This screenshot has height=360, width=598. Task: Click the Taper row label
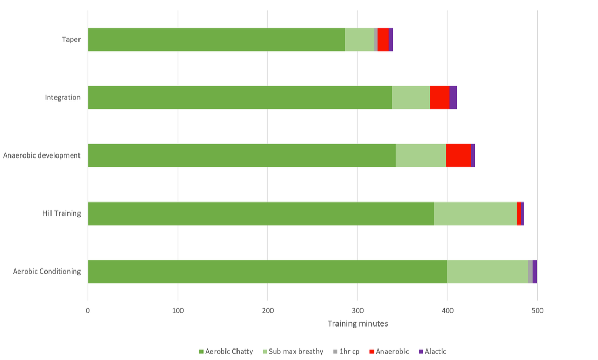(x=71, y=39)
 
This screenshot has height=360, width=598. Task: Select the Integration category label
(x=62, y=97)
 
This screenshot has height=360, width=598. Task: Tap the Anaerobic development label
(x=42, y=155)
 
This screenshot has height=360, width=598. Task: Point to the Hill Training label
(x=61, y=213)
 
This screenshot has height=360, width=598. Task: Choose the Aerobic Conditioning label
(x=47, y=272)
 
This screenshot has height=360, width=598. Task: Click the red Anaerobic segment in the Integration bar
(x=439, y=97)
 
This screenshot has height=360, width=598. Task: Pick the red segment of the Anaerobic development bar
(x=458, y=155)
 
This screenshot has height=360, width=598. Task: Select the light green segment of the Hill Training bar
(x=475, y=213)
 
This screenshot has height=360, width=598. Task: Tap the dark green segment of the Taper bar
(x=216, y=39)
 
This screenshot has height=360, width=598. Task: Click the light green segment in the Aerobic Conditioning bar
(x=487, y=272)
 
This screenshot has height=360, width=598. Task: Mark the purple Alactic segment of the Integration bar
(x=453, y=97)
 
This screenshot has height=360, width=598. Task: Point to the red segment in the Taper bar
(x=383, y=39)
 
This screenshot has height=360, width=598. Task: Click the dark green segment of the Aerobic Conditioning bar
(x=267, y=272)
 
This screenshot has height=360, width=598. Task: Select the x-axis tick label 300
(x=358, y=311)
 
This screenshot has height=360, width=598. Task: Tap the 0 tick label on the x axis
(x=88, y=311)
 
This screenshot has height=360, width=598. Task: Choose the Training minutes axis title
(x=358, y=324)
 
